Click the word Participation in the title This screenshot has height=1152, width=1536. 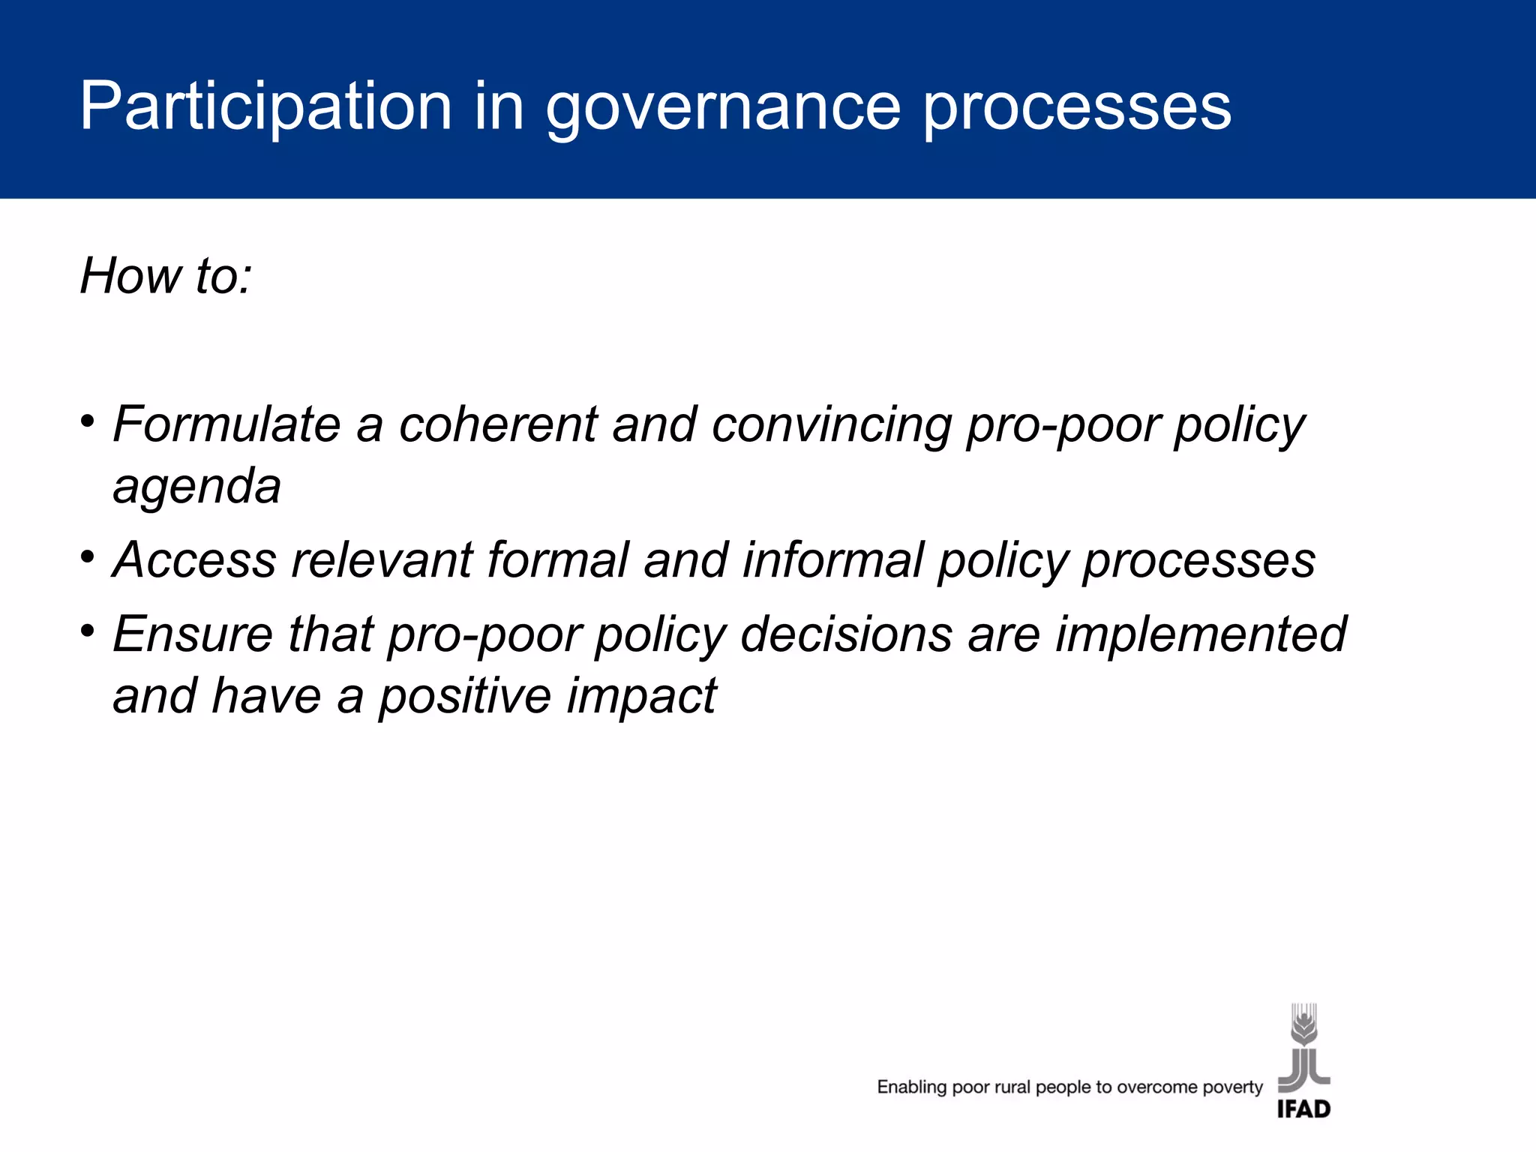coord(266,106)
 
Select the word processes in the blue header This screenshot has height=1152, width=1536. coord(1077,106)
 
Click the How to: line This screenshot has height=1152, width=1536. coord(166,275)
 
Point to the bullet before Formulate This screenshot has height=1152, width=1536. coord(88,421)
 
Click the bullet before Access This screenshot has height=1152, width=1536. coord(88,556)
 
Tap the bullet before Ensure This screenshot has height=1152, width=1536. coord(88,631)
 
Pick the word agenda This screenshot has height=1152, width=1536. coord(196,486)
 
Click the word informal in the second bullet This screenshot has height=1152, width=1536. coord(832,560)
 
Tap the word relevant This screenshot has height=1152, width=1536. coord(382,560)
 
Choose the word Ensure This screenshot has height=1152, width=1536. coord(193,634)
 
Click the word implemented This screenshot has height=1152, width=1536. coord(1201,634)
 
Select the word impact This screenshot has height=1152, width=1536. coord(641,696)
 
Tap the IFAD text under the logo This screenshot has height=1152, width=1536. coord(1303,1109)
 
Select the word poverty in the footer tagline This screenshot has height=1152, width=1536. coord(1232,1087)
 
